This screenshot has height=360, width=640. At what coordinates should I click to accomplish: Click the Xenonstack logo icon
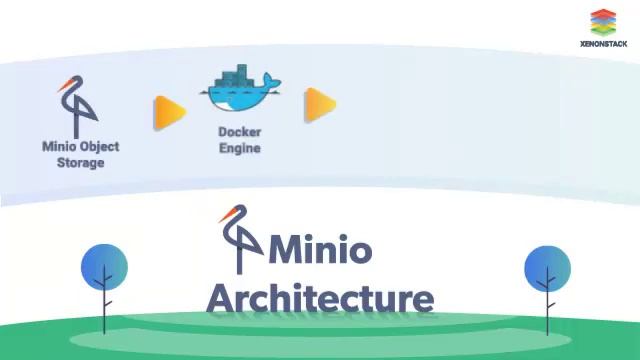click(x=603, y=22)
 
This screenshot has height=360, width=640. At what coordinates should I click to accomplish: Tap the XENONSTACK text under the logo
click(x=603, y=44)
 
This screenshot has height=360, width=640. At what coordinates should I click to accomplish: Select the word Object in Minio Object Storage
click(x=99, y=146)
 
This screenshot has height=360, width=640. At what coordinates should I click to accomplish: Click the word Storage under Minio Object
click(x=80, y=162)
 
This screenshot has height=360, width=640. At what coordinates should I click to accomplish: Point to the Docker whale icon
click(x=240, y=92)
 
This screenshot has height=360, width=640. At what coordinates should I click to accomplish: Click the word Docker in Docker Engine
click(x=240, y=132)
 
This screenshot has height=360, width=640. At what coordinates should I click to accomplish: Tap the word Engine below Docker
click(x=240, y=148)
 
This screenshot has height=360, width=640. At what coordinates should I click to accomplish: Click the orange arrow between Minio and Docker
click(x=169, y=112)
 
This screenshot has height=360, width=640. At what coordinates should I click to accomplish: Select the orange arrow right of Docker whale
click(x=319, y=103)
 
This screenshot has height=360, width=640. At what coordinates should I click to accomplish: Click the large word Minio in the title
click(x=320, y=250)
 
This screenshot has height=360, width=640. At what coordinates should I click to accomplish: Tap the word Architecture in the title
click(x=320, y=298)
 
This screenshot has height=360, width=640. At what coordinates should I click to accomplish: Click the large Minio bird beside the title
click(x=240, y=240)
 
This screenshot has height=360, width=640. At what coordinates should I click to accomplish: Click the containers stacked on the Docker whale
click(x=236, y=76)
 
